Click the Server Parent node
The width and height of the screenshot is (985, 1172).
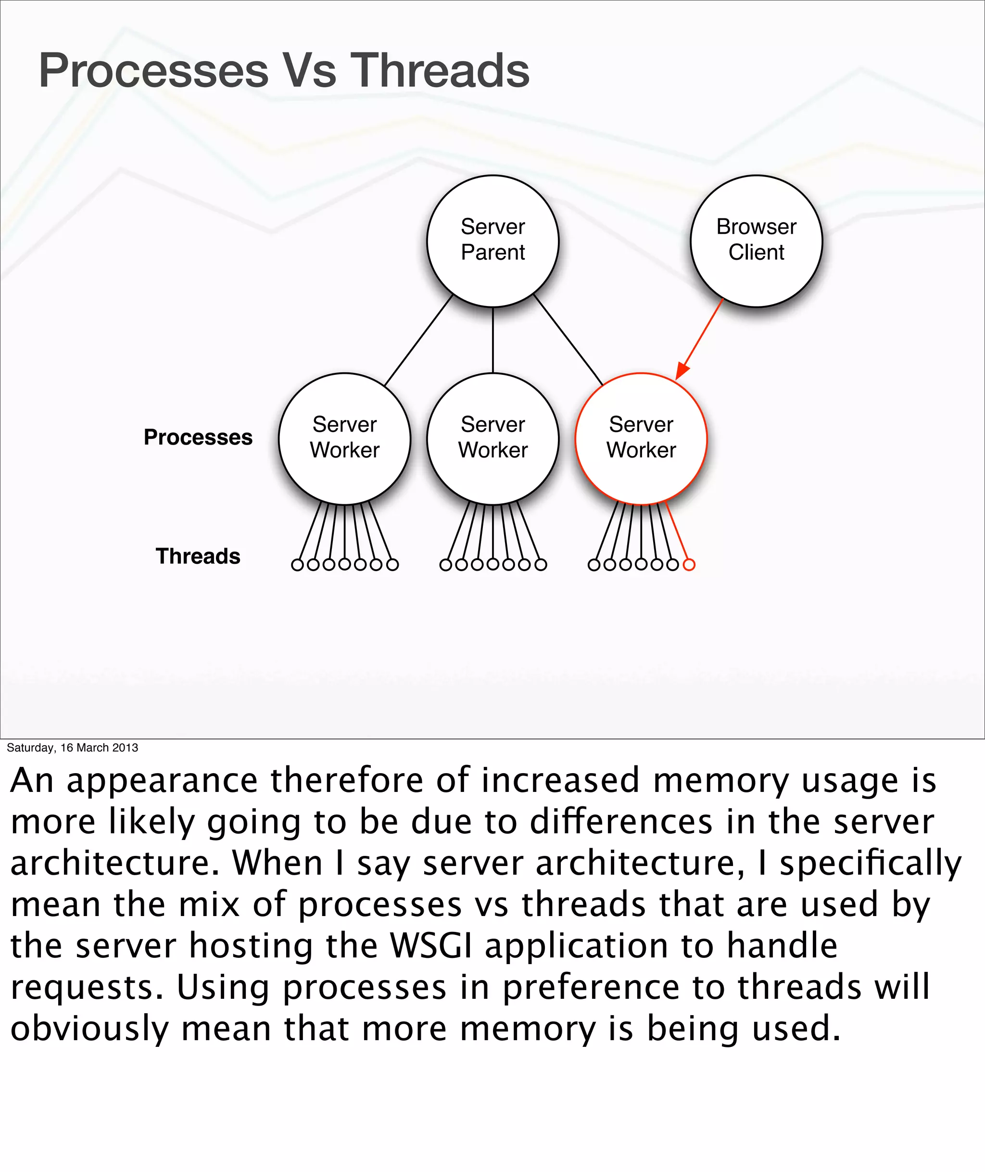492,241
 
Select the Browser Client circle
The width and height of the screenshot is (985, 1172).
756,241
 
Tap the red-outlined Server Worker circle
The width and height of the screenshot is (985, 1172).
641,438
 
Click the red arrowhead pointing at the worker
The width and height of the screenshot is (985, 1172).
682,370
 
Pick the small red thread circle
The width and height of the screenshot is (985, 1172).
689,565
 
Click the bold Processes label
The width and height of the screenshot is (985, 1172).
198,437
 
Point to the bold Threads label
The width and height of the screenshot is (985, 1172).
198,556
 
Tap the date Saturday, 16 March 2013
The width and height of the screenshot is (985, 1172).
72,748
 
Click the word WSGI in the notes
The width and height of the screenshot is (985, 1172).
430,946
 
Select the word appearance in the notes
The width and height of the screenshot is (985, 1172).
162,780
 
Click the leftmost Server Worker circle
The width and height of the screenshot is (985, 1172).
344,438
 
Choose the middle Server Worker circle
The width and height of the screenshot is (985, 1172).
492,438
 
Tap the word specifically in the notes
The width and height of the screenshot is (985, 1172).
871,863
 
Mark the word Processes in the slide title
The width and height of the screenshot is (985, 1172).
153,70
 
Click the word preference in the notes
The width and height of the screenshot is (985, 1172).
591,987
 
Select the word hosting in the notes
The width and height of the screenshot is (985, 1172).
251,946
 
